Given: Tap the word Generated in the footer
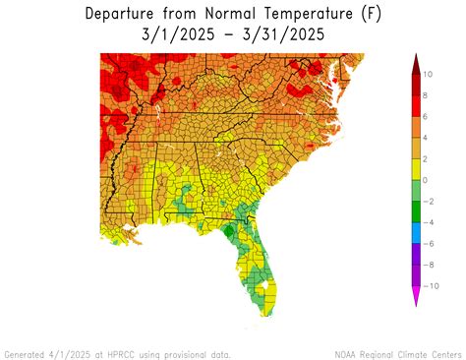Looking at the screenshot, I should (x=26, y=352).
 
